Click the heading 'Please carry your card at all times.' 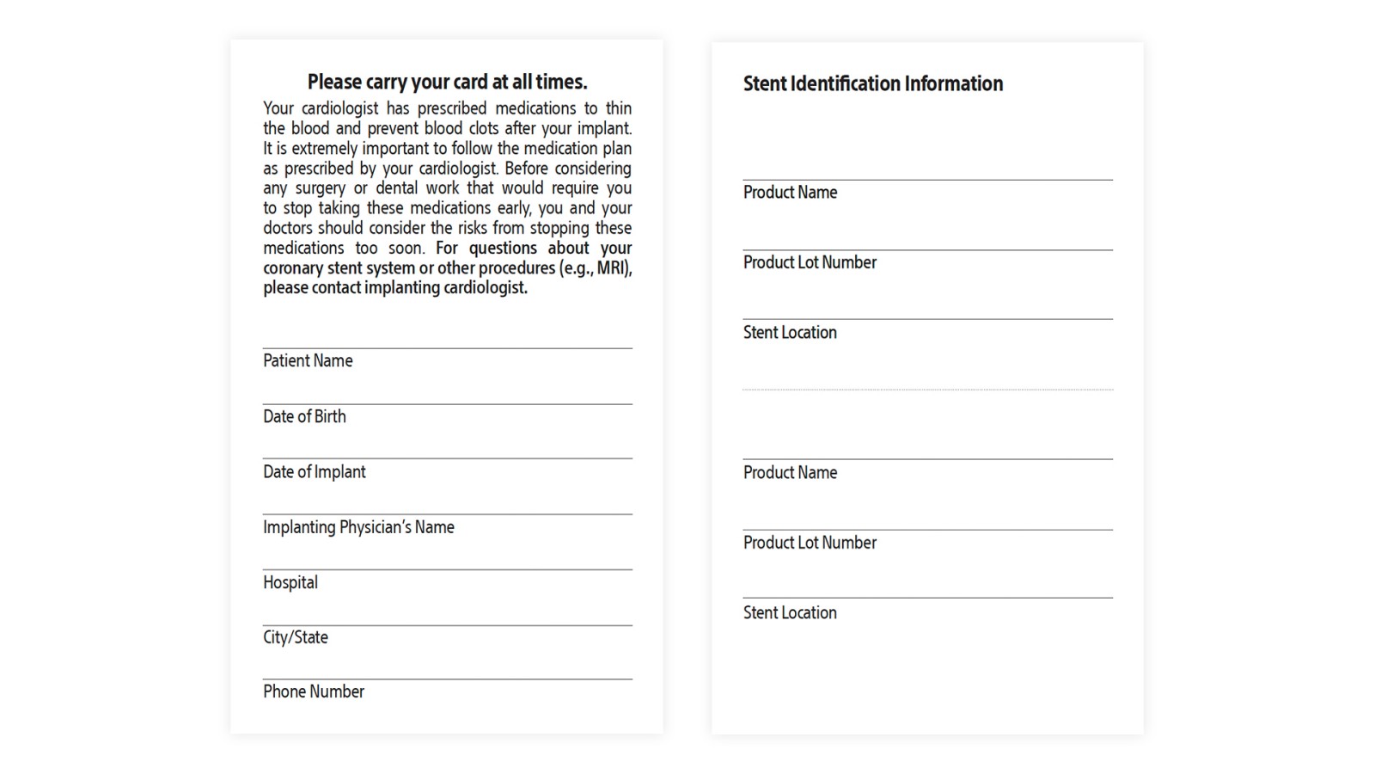coord(447,83)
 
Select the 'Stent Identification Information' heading coord(872,84)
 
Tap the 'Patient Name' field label coord(308,361)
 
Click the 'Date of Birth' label coord(304,417)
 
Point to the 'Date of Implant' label coord(314,472)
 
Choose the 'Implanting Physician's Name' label coord(358,527)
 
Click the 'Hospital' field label coord(290,583)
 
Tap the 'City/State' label coord(296,638)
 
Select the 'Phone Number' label coord(314,692)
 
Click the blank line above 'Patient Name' coord(447,347)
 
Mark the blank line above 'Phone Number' coord(447,679)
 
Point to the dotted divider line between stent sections coord(927,390)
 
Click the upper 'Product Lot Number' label coord(810,263)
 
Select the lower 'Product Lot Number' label coord(810,544)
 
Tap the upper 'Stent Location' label coord(790,333)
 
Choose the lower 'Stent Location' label coord(790,613)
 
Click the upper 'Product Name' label coord(790,193)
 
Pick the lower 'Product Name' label coord(790,473)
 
